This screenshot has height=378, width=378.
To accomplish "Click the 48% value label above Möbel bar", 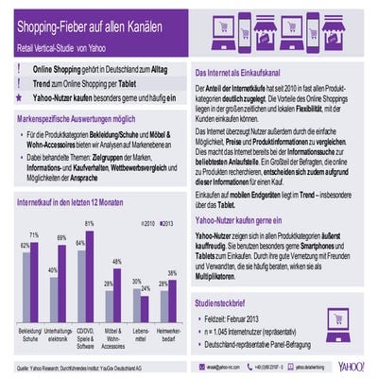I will pos(117,261).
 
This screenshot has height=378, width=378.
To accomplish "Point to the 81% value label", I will pos(90,223).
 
